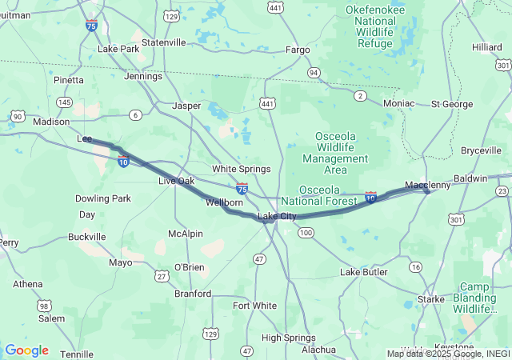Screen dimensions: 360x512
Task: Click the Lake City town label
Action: point(277,216)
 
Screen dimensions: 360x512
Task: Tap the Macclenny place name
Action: point(428,185)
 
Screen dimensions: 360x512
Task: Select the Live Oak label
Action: point(176,181)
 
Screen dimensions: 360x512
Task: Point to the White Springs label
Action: point(241,169)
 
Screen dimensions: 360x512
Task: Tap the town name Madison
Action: point(52,122)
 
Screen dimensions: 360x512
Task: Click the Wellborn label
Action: point(224,202)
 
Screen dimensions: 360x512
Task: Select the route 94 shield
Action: point(314,73)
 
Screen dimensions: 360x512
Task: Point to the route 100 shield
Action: point(306,233)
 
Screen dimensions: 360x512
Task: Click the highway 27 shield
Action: point(162,277)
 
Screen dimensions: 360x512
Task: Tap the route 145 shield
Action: point(65,102)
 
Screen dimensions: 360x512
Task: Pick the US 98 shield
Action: point(44,306)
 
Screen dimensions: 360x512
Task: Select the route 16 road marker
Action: point(414,266)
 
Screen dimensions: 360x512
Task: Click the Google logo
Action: point(26,350)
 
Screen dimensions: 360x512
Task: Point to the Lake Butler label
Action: point(364,272)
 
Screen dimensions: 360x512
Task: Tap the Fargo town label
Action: point(298,50)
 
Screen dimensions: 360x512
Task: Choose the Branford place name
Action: point(193,294)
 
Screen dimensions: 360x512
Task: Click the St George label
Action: point(452,104)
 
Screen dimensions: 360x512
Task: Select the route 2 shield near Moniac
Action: point(361,96)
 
